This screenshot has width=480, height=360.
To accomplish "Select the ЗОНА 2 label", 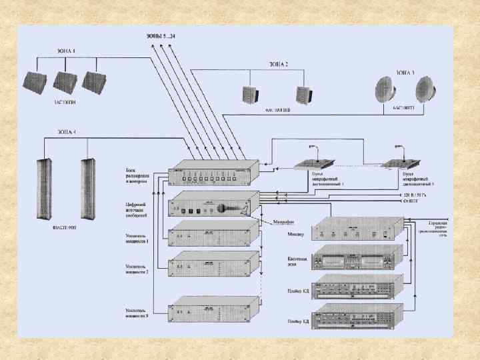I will [x=278, y=65].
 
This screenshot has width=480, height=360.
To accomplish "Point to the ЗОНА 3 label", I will [x=405, y=71].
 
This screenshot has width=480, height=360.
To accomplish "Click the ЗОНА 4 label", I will [x=65, y=133].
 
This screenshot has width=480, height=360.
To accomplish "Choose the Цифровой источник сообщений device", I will [x=211, y=205].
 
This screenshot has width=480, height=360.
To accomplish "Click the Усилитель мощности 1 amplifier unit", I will [x=211, y=237].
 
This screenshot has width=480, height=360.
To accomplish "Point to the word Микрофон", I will [x=284, y=222].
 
